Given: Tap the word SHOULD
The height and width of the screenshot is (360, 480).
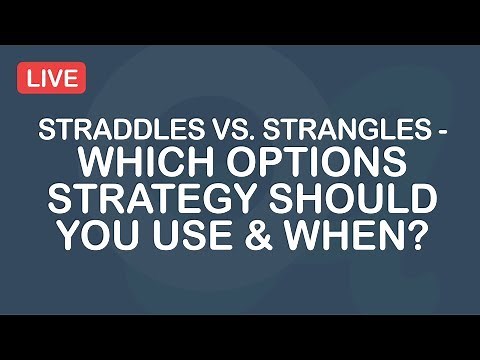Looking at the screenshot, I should pos(347,200).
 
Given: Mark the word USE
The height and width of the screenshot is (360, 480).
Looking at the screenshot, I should pos(187,236).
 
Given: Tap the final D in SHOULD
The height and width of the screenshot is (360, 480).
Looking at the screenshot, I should pos(420,200).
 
